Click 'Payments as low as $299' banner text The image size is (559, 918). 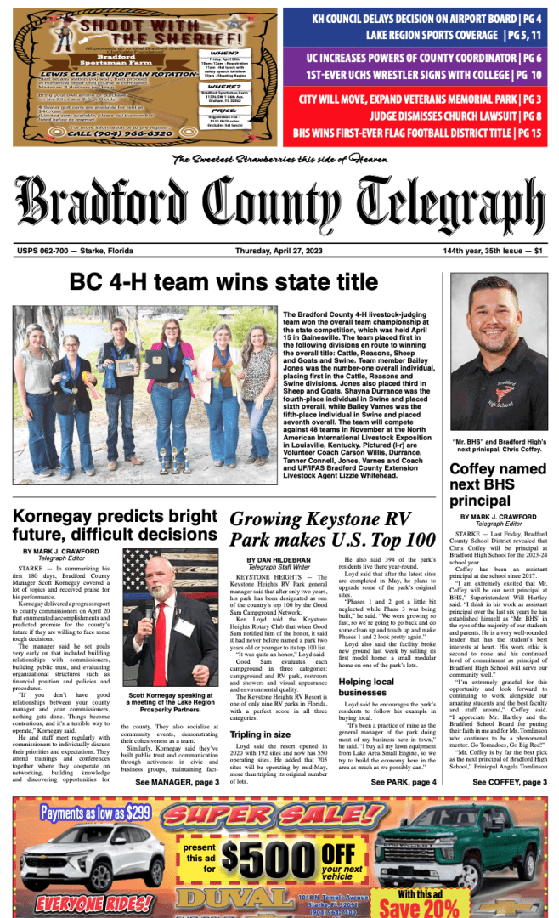click(x=95, y=813)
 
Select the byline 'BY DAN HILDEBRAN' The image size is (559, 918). click(x=282, y=560)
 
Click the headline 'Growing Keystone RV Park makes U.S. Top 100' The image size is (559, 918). click(x=332, y=528)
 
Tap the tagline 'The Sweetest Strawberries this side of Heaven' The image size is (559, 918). click(x=279, y=160)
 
